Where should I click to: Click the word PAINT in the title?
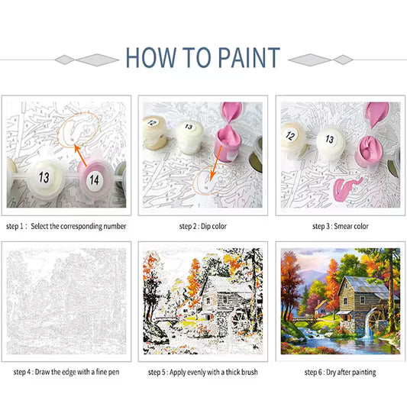(249, 57)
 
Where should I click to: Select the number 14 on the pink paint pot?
(94, 179)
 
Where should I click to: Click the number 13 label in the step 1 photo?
(44, 177)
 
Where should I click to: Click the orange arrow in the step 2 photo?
(215, 163)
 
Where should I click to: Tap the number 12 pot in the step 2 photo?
(155, 132)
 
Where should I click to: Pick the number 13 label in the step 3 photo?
(330, 139)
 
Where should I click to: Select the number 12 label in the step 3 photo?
(290, 135)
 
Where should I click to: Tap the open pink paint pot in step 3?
(369, 151)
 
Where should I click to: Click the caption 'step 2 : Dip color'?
(202, 226)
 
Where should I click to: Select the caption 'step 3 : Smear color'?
(341, 226)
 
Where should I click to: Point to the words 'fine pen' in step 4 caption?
(108, 372)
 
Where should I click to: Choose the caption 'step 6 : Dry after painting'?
(340, 372)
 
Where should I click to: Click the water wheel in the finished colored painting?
(376, 320)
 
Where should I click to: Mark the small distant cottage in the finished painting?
(321, 308)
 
